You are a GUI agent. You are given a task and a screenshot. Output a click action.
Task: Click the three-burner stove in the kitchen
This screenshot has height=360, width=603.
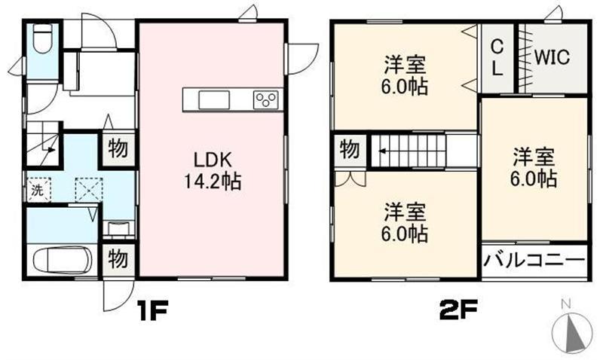266,99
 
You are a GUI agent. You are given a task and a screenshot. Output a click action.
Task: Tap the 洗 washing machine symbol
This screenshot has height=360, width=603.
36,190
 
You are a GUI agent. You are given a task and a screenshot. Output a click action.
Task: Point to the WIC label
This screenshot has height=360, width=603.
553,57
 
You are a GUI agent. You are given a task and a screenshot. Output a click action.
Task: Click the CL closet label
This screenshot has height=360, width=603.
497,56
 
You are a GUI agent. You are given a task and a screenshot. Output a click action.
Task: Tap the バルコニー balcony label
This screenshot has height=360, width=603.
534,261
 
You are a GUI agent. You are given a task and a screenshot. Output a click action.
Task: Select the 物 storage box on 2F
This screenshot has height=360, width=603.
349,149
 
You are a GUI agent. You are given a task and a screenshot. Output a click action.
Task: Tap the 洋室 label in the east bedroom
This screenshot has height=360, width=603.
535,158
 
